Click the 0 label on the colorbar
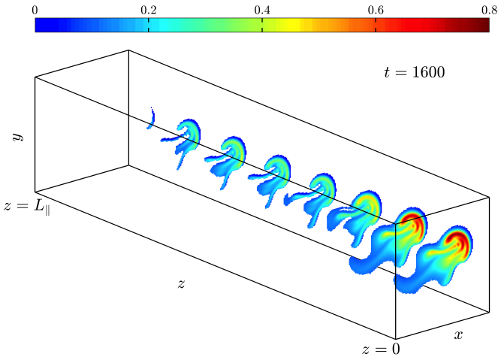(35, 10)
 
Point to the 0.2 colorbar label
(149, 10)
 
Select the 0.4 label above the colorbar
(262, 10)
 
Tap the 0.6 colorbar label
(376, 10)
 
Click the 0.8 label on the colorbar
(489, 10)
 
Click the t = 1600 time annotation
(414, 72)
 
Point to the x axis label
(458, 334)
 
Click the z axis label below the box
(181, 283)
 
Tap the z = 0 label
(381, 349)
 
